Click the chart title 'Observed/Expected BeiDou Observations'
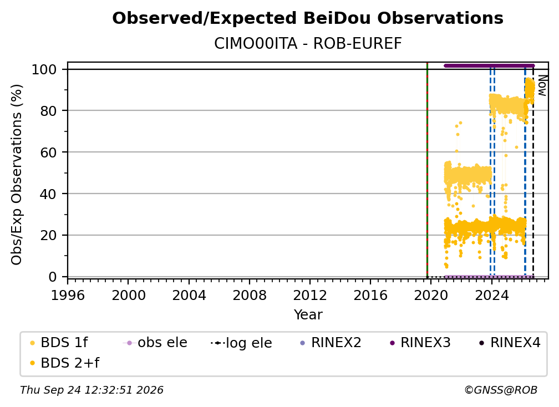point(308,18)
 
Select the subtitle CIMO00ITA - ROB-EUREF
point(308,44)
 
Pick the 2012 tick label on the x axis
point(310,296)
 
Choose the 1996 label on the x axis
point(68,296)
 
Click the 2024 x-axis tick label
point(491,296)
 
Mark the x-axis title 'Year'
point(308,315)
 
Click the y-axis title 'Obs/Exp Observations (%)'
point(17,175)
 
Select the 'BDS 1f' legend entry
point(58,343)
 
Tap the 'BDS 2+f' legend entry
point(64,363)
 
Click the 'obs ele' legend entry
point(155,343)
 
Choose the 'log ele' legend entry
point(241,343)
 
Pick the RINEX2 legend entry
point(331,343)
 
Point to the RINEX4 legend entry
point(510,343)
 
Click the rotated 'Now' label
point(542,85)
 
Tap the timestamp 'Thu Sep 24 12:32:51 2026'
point(92,390)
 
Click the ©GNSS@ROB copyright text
point(501,390)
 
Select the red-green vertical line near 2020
point(427,170)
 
